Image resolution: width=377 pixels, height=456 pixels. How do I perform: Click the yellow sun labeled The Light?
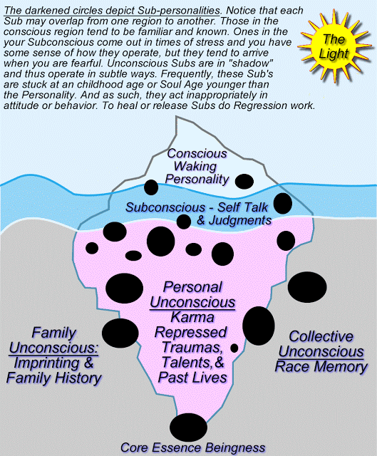[334, 46]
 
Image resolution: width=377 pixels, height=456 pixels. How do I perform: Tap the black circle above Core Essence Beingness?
[188, 427]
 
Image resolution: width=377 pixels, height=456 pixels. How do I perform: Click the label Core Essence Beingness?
[193, 448]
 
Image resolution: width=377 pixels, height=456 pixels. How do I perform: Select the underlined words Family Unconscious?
[54, 341]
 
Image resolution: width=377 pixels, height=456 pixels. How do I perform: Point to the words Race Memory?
[321, 366]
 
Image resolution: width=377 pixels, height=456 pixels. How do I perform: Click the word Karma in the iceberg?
[192, 317]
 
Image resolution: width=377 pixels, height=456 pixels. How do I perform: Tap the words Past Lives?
[192, 378]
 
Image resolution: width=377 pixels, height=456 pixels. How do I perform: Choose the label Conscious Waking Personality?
[197, 166]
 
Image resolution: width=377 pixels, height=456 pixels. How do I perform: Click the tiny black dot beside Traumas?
[234, 348]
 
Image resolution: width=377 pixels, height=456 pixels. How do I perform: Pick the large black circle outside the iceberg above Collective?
[307, 287]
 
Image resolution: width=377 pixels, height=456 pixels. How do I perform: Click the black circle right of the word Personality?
[244, 182]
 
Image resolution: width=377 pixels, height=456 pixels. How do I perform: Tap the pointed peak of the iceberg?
[176, 116]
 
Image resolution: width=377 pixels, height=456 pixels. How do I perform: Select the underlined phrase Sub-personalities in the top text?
[179, 11]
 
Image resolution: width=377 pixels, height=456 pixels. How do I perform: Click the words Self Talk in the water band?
[243, 207]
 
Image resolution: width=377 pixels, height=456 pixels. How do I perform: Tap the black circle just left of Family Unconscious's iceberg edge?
[120, 333]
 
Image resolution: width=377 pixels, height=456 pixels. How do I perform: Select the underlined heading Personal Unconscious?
[192, 294]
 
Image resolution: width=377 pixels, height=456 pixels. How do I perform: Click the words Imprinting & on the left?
[54, 363]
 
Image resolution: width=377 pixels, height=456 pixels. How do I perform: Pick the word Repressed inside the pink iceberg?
[190, 332]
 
